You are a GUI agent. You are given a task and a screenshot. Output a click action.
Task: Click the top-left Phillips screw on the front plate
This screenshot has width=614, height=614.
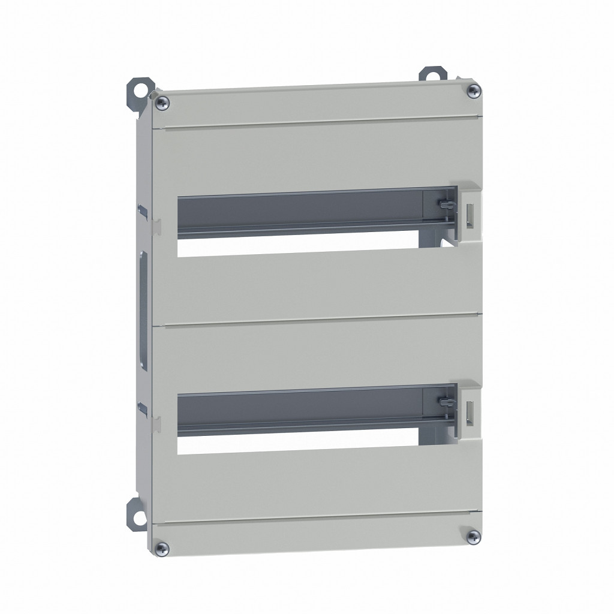(x=161, y=104)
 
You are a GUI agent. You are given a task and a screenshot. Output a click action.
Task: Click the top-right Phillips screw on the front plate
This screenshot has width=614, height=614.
(x=474, y=91)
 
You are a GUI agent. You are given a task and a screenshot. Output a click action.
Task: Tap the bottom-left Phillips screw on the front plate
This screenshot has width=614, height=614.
(x=161, y=547)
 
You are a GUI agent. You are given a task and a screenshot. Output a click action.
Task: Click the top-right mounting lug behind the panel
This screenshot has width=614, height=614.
(x=434, y=75)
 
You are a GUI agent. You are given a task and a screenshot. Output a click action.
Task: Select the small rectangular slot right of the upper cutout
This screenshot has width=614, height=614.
(x=471, y=216)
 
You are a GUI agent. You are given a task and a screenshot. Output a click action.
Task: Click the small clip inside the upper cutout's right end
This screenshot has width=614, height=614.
(x=444, y=206)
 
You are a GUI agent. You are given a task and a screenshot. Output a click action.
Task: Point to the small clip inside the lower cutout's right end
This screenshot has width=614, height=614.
(x=444, y=402)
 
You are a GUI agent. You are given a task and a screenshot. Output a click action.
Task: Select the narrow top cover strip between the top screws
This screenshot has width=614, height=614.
(x=318, y=107)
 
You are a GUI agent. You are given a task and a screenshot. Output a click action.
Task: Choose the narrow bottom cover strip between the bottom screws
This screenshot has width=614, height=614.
(x=318, y=534)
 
